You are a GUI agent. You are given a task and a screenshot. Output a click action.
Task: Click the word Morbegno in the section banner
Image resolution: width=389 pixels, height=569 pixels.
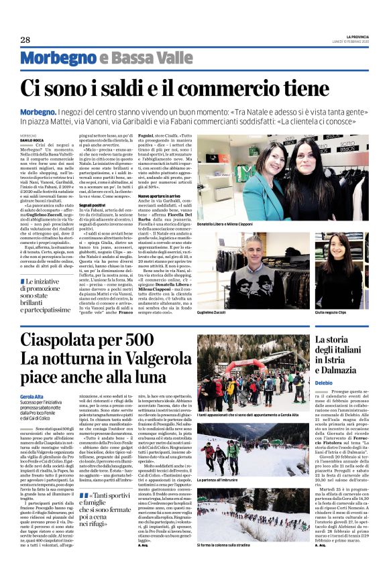(54, 58)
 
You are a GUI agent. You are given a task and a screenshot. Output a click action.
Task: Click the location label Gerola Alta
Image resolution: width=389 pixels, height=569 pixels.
(33, 397)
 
